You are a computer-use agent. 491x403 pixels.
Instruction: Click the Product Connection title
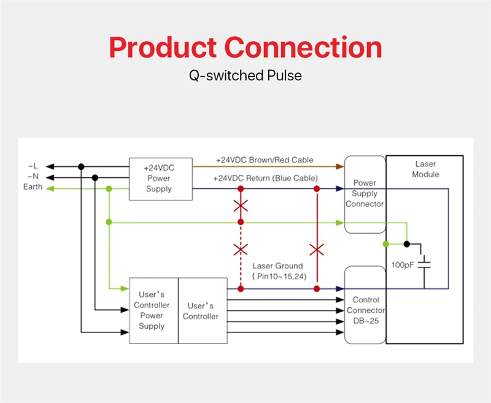pos(245,48)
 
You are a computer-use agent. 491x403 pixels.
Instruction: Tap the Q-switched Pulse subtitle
pos(245,75)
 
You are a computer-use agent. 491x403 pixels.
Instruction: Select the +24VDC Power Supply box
pos(161,179)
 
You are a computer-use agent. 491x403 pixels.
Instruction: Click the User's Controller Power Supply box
pos(154,310)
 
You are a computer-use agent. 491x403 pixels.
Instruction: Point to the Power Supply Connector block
pos(365,194)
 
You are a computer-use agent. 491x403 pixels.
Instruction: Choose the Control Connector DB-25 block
pos(365,305)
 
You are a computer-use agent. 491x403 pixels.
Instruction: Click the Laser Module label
pos(425,169)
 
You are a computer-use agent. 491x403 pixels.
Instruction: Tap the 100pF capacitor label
pos(403,265)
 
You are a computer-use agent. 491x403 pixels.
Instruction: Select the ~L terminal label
pos(33,166)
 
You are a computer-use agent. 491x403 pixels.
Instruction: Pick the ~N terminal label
pos(33,176)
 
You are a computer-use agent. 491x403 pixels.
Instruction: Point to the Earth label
pos(33,187)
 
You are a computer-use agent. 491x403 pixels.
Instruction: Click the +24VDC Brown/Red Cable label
pos(265,160)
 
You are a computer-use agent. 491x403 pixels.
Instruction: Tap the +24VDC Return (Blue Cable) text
pos(265,178)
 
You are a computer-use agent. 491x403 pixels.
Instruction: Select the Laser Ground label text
pos(278,266)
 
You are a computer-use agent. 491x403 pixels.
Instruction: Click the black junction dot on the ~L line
pos(81,166)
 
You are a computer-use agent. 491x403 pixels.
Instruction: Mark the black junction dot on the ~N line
pos(95,178)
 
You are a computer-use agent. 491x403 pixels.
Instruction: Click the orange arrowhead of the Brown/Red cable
pos(340,166)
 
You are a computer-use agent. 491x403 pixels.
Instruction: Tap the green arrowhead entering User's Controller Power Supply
pos(125,288)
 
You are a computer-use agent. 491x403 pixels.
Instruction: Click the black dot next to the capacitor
pos(406,244)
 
